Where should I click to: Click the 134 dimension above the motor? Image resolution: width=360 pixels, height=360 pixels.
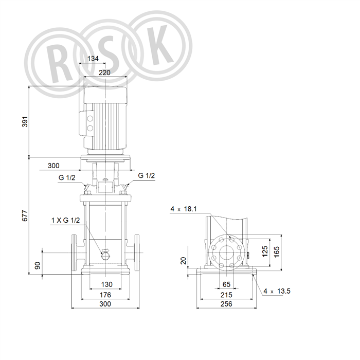[x=93, y=59]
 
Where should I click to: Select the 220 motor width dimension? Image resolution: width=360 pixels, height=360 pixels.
[x=104, y=73]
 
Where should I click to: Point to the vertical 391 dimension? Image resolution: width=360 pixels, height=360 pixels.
[x=25, y=121]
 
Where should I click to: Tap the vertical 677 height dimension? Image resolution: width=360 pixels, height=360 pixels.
[x=25, y=215]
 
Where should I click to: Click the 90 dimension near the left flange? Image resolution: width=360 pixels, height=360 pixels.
[x=38, y=265]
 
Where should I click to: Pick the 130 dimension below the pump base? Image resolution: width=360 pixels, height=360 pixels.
[x=107, y=284]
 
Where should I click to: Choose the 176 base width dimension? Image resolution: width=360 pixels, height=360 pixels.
[x=105, y=295]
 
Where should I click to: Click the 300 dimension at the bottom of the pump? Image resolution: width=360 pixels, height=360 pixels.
[x=105, y=304]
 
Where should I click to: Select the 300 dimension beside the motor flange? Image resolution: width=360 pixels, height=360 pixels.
[x=53, y=166]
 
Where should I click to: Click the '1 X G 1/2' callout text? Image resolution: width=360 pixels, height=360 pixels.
[x=65, y=220]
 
